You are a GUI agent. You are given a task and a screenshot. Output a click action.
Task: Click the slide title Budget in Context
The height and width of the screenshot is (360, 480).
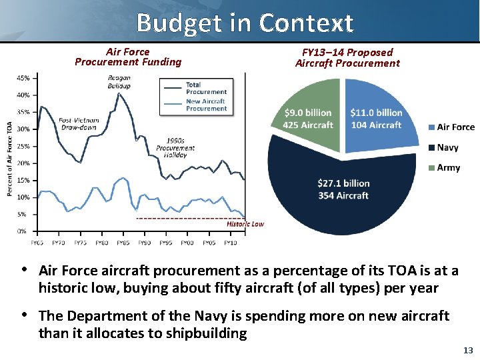[x=244, y=23]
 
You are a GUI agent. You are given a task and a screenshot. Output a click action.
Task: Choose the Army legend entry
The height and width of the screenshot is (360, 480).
[x=448, y=167]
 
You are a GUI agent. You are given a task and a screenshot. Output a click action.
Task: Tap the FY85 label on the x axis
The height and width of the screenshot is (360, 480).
[x=123, y=243]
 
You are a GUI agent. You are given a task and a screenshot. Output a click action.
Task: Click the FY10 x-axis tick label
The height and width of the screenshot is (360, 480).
[x=230, y=243]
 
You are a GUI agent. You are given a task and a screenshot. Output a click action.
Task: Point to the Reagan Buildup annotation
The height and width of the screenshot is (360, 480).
[x=119, y=81]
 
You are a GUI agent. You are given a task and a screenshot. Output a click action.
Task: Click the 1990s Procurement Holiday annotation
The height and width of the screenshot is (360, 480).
[x=175, y=147]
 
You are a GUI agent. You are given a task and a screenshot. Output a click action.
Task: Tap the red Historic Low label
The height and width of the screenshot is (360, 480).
[x=245, y=224]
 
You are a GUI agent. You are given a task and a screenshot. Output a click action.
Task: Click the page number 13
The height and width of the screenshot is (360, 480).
[x=467, y=350]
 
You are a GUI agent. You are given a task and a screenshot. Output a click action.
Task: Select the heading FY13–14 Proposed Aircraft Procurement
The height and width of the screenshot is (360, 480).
[x=347, y=57]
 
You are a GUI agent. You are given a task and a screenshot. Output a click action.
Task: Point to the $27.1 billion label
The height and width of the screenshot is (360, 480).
[x=343, y=183]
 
